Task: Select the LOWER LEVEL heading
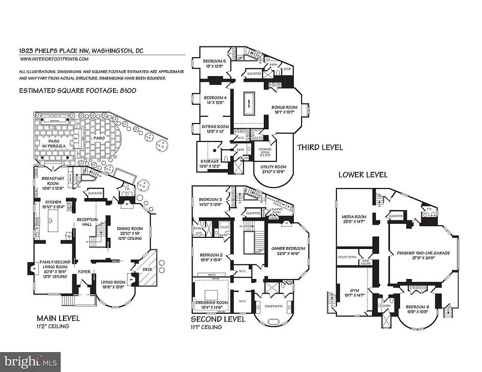363,174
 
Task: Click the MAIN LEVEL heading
58,318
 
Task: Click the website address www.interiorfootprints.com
54,59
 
